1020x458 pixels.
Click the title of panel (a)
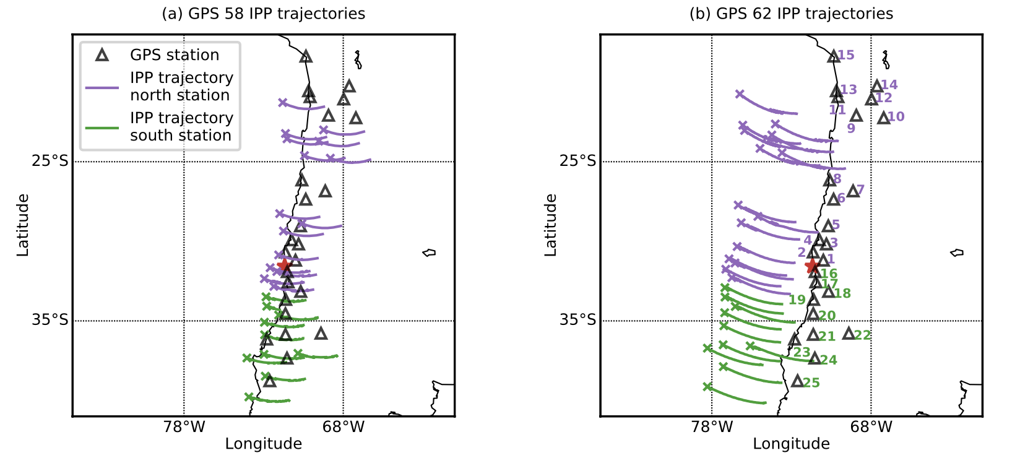[263, 14]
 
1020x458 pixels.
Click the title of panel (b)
[791, 14]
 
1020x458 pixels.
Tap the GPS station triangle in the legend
[102, 55]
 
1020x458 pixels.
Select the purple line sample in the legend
[102, 87]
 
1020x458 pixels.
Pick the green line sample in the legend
[102, 127]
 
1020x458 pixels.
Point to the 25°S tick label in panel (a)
[50, 162]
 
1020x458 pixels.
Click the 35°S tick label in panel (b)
[578, 320]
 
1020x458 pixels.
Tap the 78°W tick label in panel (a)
[184, 427]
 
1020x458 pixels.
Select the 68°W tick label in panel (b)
[871, 427]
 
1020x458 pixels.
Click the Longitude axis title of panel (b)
[791, 444]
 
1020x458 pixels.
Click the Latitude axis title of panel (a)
[23, 225]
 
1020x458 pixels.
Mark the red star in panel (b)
[811, 266]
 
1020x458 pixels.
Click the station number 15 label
[846, 55]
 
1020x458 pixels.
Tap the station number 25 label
[811, 383]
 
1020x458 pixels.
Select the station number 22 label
[863, 335]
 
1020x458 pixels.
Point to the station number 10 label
[896, 116]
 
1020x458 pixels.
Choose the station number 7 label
[860, 189]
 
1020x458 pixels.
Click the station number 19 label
[797, 300]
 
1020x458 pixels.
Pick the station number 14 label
[889, 85]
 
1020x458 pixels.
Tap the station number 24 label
[829, 360]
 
